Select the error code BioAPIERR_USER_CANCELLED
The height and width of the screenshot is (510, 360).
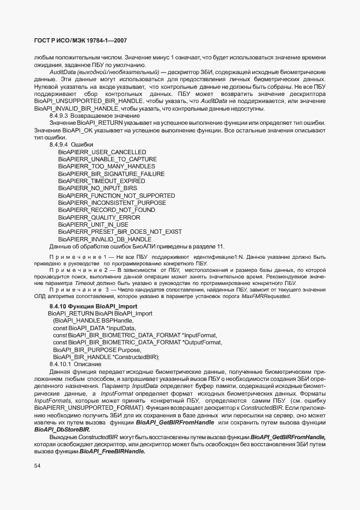[102, 151]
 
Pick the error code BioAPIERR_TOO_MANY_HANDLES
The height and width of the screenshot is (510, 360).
[106, 166]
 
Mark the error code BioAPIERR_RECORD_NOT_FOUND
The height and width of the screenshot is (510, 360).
[106, 210]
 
